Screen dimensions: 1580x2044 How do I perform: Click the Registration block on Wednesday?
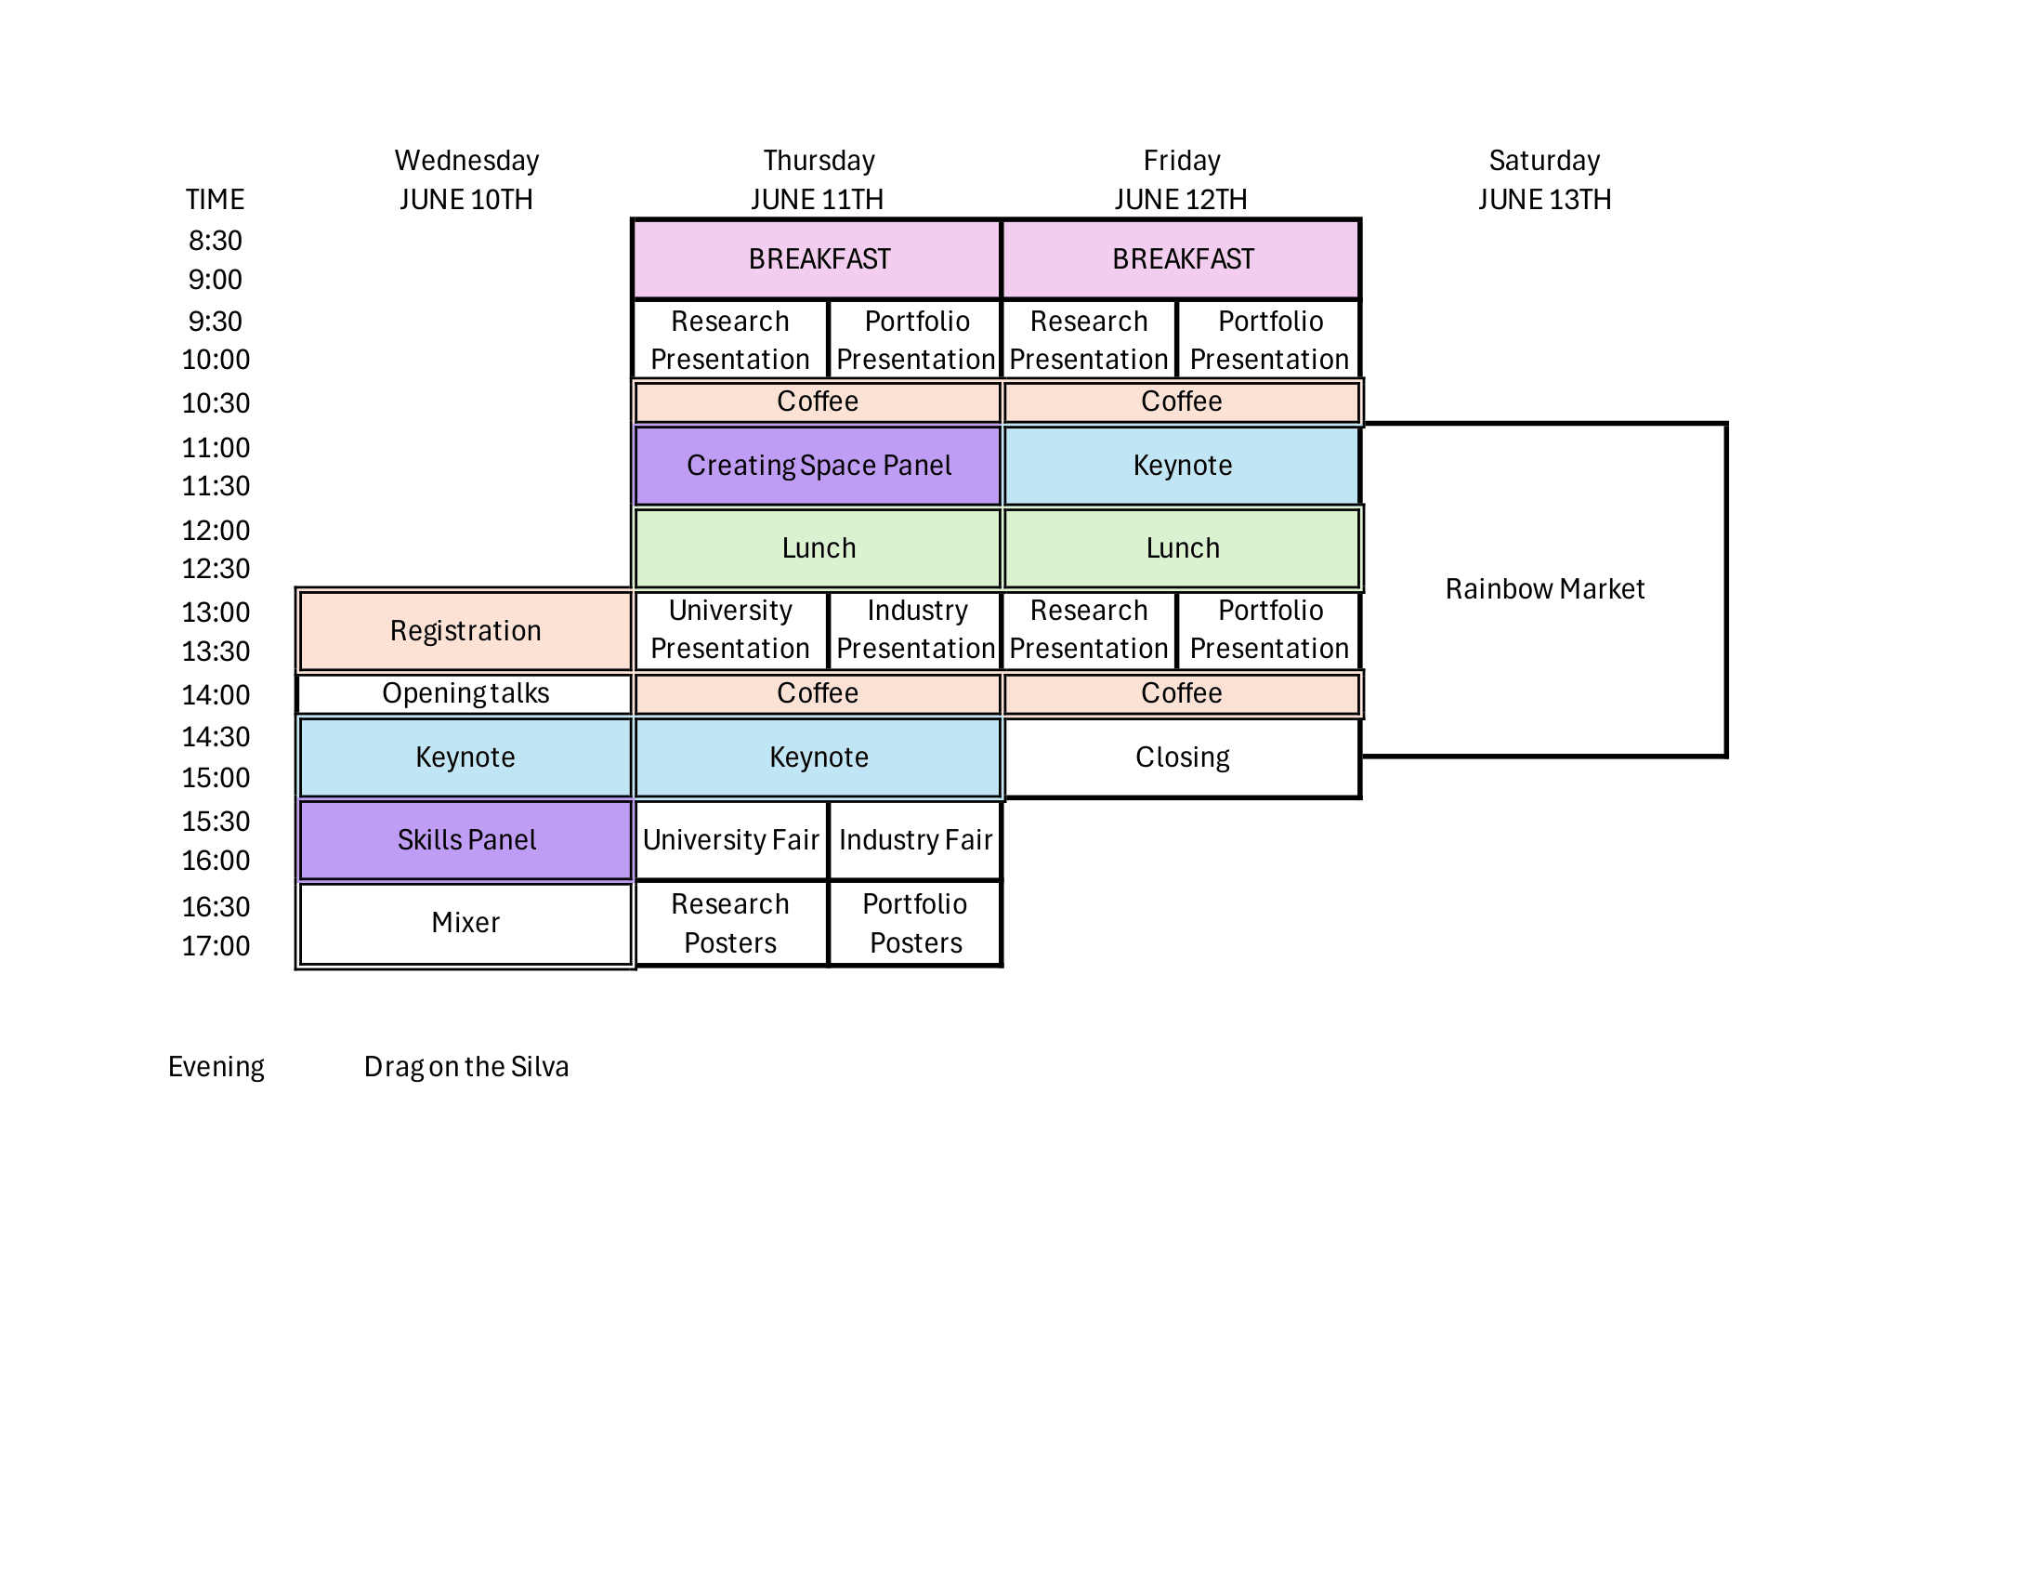coord(465,630)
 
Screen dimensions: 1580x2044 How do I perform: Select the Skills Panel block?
coord(465,839)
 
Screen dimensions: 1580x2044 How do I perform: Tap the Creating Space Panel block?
coord(818,466)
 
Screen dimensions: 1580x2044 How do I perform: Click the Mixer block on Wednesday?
coord(465,923)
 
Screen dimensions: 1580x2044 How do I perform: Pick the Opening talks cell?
coord(465,693)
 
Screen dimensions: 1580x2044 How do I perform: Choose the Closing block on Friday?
coord(1181,757)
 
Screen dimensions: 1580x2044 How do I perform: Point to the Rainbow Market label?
coord(1544,588)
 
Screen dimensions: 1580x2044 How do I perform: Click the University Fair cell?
coord(731,839)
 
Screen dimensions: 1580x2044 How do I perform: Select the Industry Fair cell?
coord(915,839)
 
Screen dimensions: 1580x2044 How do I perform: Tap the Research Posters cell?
coord(731,923)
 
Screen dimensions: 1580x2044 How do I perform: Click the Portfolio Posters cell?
coord(915,923)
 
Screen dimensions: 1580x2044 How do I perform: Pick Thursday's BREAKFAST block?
coord(818,259)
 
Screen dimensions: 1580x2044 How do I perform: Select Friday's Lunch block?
coord(1181,547)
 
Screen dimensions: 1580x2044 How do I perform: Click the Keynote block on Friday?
coord(1181,466)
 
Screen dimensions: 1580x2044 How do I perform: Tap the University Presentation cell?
coord(731,629)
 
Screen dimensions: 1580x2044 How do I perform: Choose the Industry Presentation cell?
coord(915,629)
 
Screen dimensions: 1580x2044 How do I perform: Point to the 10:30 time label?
coord(216,403)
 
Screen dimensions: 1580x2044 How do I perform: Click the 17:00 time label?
coord(216,946)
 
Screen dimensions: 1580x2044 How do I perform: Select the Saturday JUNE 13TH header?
coord(1544,179)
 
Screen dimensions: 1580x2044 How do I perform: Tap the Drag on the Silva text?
coord(466,1067)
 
